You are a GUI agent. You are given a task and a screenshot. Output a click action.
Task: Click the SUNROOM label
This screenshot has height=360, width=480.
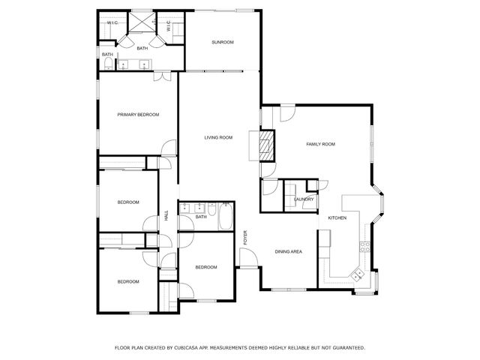[x=222, y=42]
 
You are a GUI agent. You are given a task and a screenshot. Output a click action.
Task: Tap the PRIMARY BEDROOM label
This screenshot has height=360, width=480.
[x=139, y=114]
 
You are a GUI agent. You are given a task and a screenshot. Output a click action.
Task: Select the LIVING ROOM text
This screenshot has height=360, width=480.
[x=219, y=137]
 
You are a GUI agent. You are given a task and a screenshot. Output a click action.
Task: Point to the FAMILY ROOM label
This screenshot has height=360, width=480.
[x=320, y=144]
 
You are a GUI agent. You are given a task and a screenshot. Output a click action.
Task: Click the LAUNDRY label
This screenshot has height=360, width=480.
[x=304, y=199]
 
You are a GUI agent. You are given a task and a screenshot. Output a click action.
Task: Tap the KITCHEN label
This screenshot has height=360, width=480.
[x=337, y=217]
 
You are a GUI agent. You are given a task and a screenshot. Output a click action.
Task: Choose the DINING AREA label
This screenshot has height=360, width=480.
[x=288, y=251]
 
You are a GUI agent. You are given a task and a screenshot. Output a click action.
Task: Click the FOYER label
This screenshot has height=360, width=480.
[x=245, y=238]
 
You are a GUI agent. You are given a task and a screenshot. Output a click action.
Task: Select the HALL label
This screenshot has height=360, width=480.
[x=166, y=217]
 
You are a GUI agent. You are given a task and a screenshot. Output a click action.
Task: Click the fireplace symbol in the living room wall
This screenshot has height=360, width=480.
[x=265, y=144]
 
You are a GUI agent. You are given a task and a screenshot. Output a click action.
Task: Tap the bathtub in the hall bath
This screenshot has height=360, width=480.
[x=223, y=217]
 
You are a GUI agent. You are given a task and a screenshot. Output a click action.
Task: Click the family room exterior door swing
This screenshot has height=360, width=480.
[x=286, y=113]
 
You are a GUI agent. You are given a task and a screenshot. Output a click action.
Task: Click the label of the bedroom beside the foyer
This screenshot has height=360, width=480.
[x=206, y=267]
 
